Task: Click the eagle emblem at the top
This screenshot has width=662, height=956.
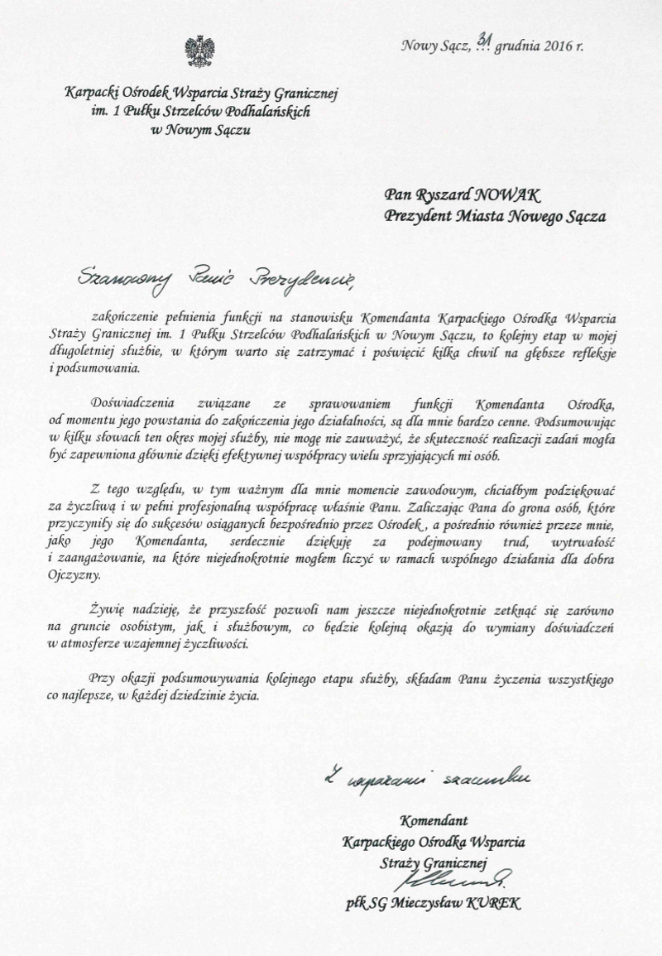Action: [199, 51]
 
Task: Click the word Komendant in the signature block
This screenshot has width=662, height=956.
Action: [434, 821]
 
